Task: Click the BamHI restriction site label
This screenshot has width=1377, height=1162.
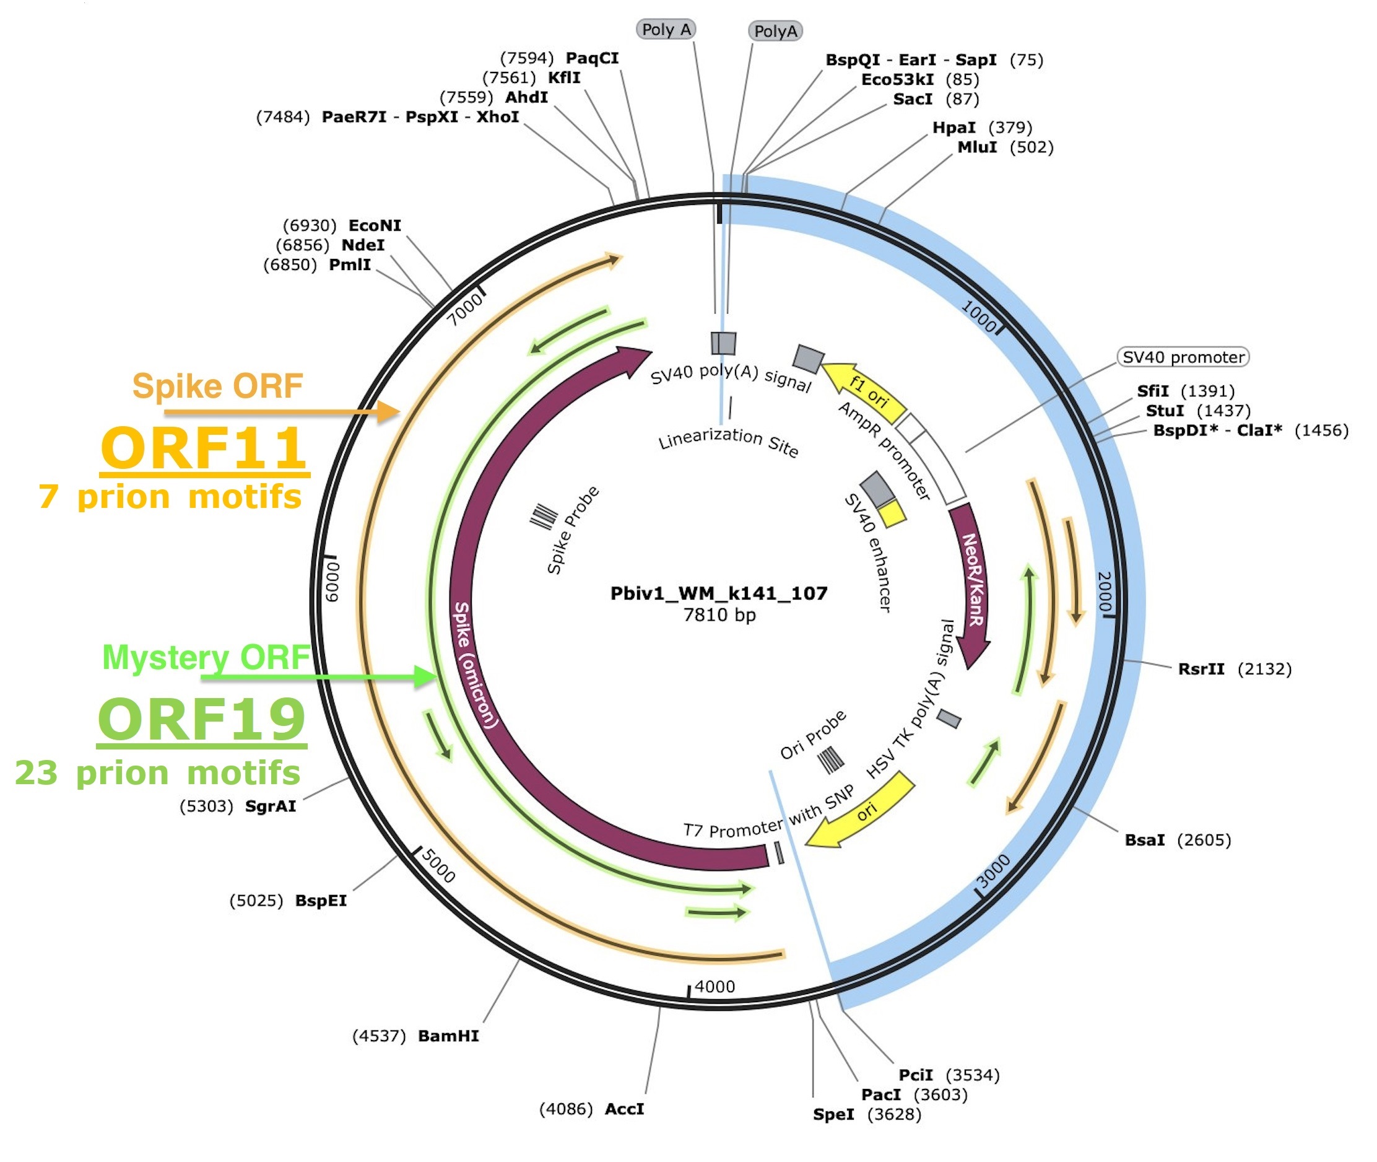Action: coord(448,1036)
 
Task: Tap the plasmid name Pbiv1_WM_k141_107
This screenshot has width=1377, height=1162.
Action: coord(718,593)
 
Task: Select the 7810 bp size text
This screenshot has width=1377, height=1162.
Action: coord(719,615)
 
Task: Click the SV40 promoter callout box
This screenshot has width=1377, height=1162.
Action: coord(1183,357)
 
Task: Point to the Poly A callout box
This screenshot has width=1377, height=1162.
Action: coord(666,30)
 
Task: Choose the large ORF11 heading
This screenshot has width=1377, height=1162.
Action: coord(204,448)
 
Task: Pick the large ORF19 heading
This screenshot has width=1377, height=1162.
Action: coord(201,720)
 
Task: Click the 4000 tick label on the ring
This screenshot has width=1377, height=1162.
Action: coord(715,987)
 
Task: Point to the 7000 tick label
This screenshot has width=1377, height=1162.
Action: coord(465,309)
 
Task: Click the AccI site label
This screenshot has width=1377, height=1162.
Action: coord(624,1109)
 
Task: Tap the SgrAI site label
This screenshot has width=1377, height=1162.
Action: coord(270,806)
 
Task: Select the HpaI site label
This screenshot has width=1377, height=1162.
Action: coord(953,128)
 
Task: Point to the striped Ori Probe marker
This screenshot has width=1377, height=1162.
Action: coord(830,759)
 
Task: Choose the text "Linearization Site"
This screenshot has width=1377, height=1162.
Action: coord(728,442)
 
